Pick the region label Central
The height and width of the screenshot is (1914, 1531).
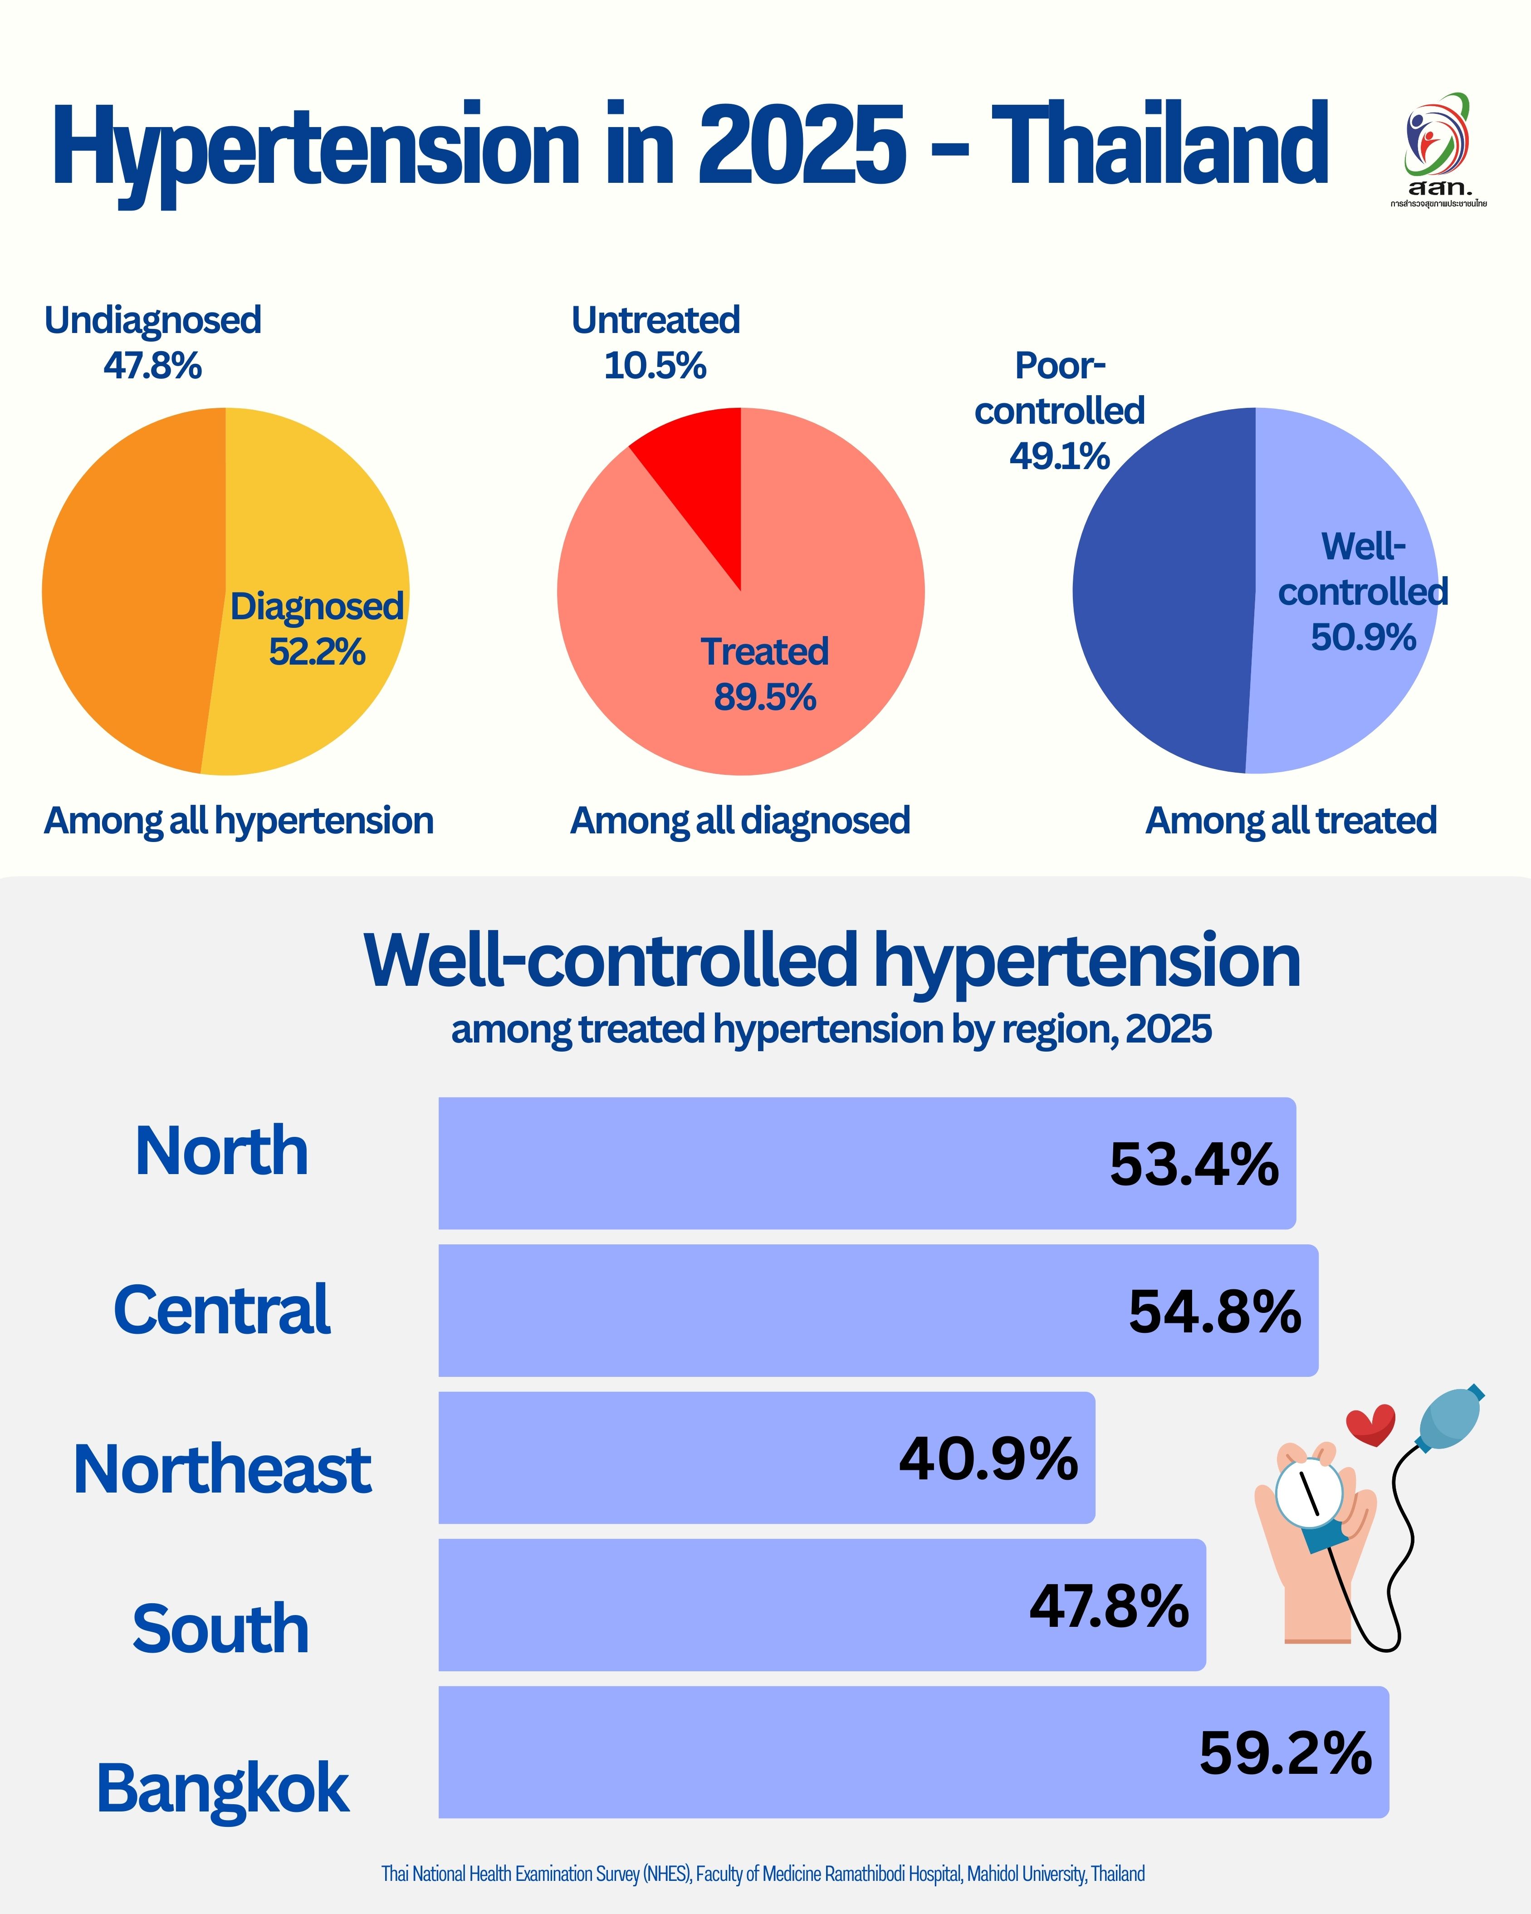pyautogui.click(x=222, y=1310)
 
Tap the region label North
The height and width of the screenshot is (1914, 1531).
pyautogui.click(x=222, y=1151)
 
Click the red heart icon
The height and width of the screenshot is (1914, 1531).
pyautogui.click(x=1370, y=1424)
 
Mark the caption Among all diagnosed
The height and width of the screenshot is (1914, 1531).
pyautogui.click(x=740, y=820)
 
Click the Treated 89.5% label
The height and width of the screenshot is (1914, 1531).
pyautogui.click(x=764, y=675)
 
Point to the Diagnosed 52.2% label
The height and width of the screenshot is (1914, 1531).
pyautogui.click(x=317, y=628)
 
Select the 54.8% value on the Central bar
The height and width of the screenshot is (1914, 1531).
pyautogui.click(x=1214, y=1312)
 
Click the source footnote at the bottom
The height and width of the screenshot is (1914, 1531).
pyautogui.click(x=763, y=1874)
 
